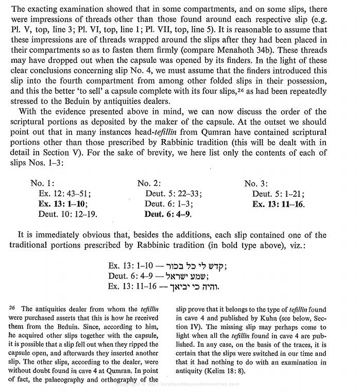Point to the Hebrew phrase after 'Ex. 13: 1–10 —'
tap(199, 266)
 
